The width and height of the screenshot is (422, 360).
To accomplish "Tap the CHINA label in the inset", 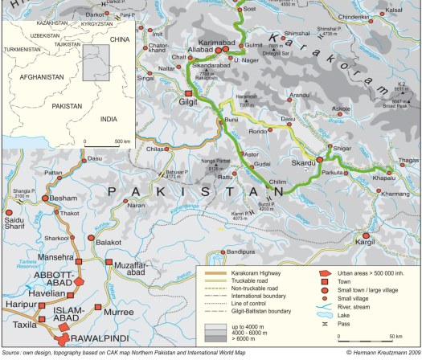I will point(119,38).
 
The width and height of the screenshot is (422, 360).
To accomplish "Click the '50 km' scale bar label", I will point(396,336).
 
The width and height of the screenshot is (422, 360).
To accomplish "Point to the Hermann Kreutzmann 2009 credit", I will point(381,353).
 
